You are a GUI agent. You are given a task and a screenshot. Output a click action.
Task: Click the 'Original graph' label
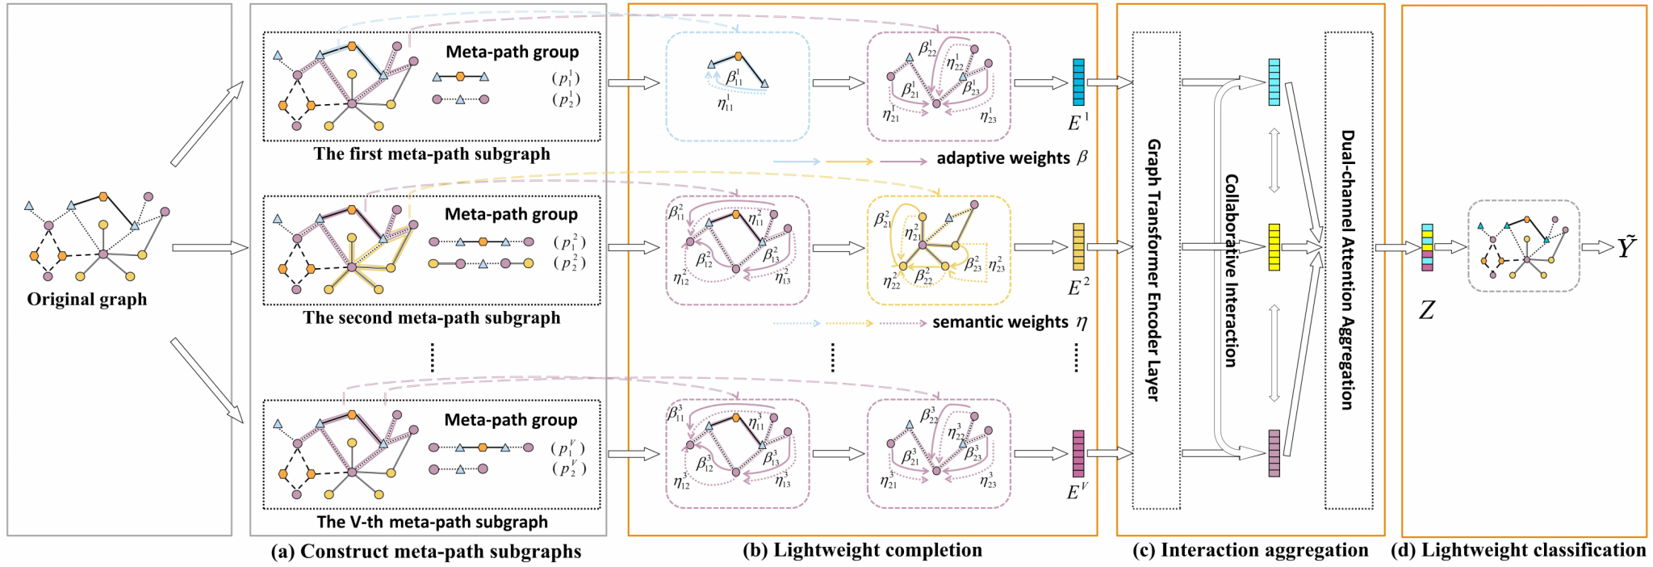point(87,300)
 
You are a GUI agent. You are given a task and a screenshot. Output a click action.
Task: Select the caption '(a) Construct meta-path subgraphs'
point(426,552)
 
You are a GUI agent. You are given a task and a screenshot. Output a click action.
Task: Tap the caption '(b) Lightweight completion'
point(862,550)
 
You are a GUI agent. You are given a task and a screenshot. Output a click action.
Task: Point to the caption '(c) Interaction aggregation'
point(1250,551)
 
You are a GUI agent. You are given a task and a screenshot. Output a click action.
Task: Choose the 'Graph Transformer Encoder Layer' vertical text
point(1154,270)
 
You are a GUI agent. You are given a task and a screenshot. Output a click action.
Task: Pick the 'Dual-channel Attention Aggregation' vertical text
point(1347,270)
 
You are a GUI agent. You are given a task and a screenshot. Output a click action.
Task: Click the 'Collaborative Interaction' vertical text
point(1232,270)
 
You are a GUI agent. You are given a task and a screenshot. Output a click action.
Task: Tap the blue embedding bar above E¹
point(1078,82)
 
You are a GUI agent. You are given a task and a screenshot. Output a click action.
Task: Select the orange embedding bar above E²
point(1078,246)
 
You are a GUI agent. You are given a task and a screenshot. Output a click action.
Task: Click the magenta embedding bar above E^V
point(1078,453)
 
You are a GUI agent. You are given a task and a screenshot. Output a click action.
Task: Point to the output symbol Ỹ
point(1626,246)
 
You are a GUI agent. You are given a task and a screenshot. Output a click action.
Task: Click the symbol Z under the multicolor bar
point(1427,309)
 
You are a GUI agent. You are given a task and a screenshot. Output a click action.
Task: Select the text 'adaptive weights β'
point(1011,158)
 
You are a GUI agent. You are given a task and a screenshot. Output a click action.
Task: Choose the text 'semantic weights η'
point(1009,322)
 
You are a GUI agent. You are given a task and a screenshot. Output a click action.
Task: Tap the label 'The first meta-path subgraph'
point(432,154)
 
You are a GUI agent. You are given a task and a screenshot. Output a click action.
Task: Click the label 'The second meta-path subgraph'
point(432,318)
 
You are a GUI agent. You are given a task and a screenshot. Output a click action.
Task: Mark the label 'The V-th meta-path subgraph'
point(432,523)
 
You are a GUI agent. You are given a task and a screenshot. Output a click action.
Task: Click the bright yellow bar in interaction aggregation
point(1274,247)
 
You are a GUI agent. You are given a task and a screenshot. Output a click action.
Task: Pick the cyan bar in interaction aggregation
point(1274,82)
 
